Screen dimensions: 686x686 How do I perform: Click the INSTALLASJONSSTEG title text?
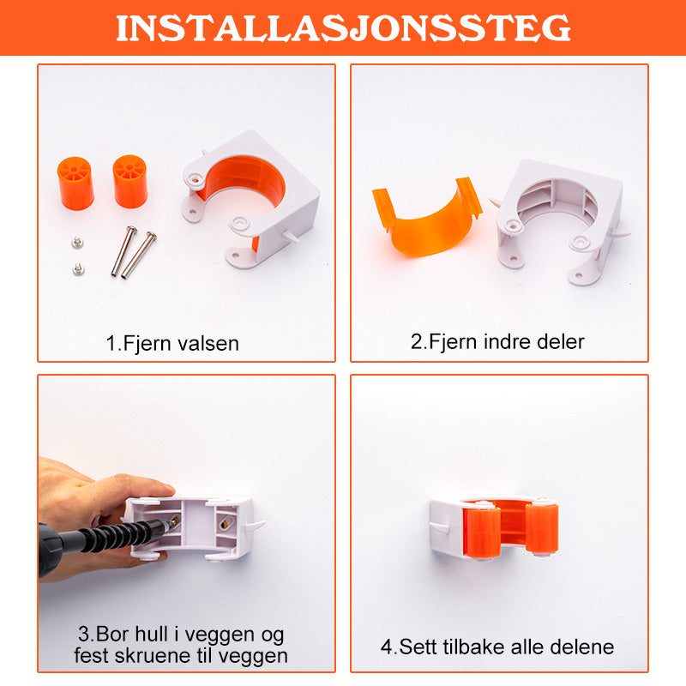pos(343,28)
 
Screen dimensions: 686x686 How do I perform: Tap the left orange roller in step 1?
pos(75,184)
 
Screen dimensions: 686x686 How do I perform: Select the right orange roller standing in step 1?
pos(130,181)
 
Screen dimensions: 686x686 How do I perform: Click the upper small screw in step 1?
pos(77,243)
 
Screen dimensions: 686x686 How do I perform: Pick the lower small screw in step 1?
pos(78,269)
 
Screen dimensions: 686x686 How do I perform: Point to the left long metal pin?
pos(123,251)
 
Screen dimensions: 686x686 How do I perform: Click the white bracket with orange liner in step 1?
pos(251,198)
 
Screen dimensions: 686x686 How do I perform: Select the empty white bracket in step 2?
pos(560,221)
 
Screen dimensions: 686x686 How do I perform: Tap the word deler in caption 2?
pos(561,341)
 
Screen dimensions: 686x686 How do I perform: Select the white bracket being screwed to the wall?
pos(192,528)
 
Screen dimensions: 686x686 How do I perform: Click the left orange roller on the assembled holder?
pos(481,530)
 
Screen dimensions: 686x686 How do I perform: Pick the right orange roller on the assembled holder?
pos(542,527)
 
